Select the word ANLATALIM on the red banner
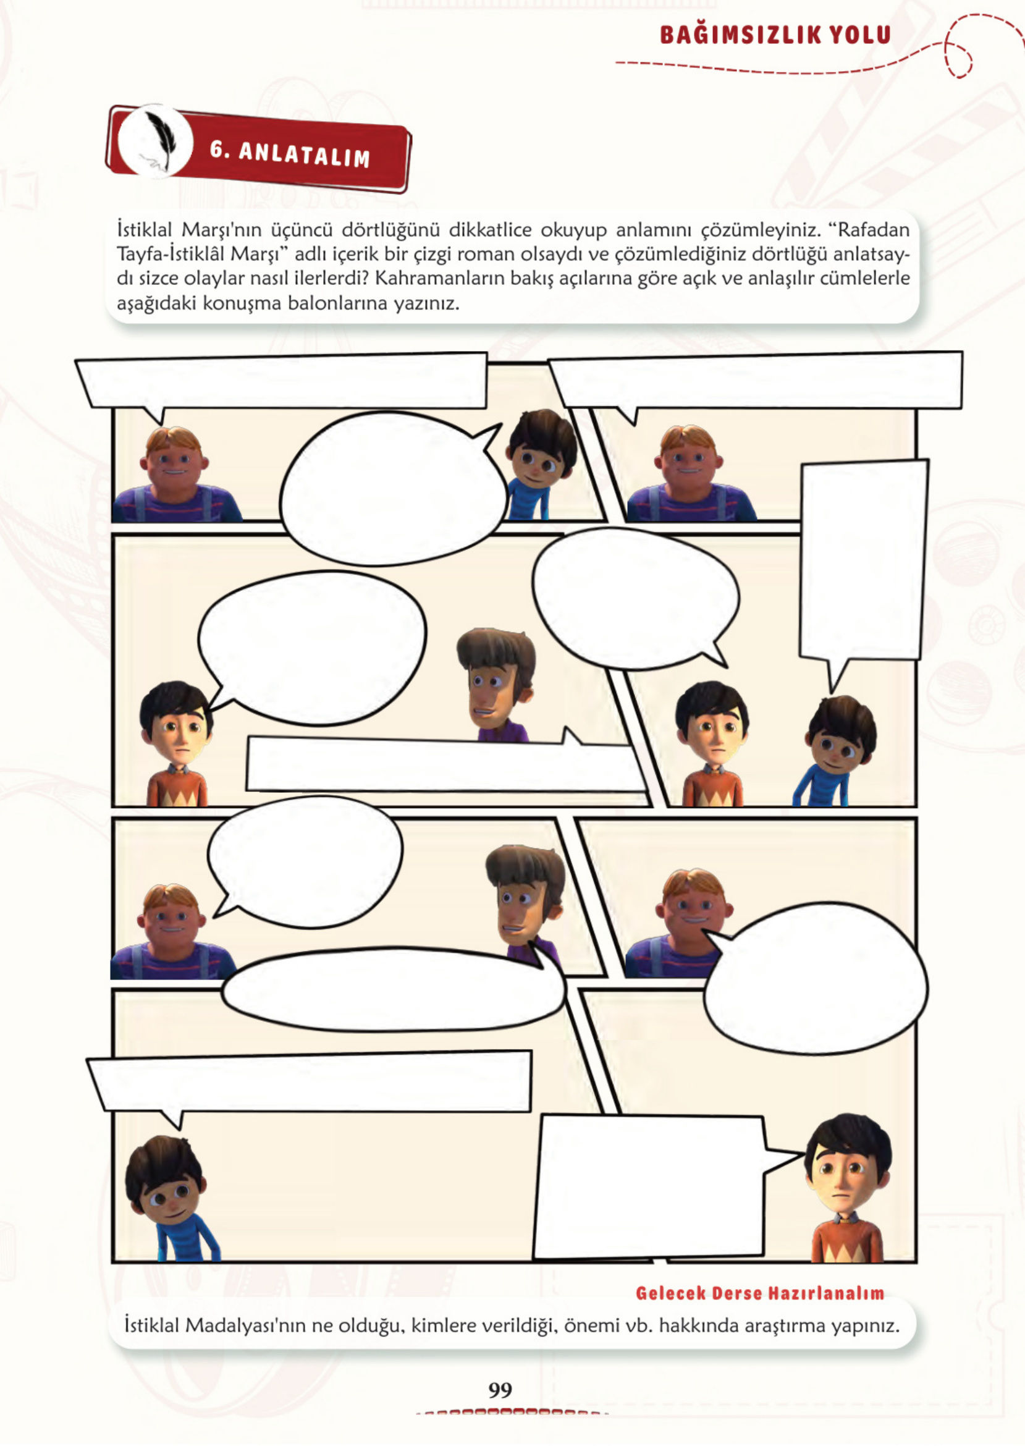point(304,154)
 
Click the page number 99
point(500,1389)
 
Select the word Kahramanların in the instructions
point(441,278)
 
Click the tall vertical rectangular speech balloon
point(863,562)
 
